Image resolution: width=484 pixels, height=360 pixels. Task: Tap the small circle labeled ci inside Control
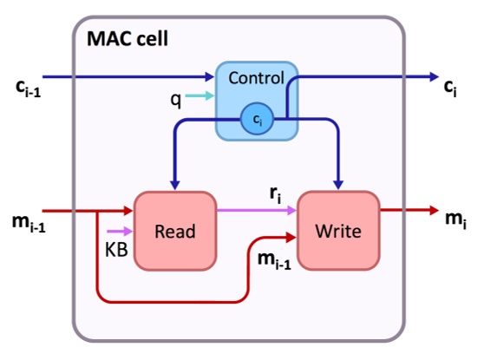256,122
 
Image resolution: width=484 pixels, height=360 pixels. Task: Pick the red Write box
338,231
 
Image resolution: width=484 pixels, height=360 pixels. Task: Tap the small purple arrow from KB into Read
121,232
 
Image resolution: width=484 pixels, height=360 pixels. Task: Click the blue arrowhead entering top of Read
175,183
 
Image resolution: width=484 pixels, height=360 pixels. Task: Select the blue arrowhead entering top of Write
338,183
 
